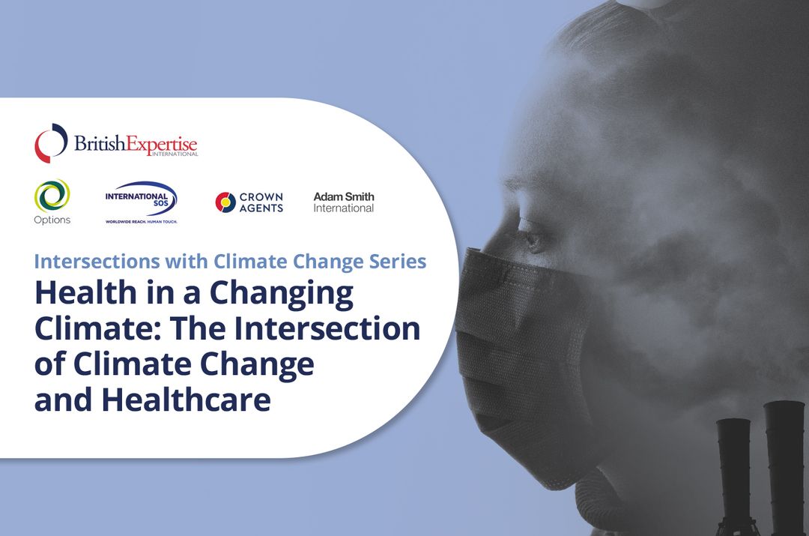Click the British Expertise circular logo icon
pyautogui.click(x=51, y=143)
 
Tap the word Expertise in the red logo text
pyautogui.click(x=163, y=143)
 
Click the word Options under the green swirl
pyautogui.click(x=52, y=220)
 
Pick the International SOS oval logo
pyautogui.click(x=142, y=199)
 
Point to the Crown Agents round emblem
pyautogui.click(x=225, y=202)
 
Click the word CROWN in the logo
pyautogui.click(x=261, y=197)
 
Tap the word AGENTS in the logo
pyautogui.click(x=261, y=208)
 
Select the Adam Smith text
pyautogui.click(x=344, y=196)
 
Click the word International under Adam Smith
pyautogui.click(x=344, y=208)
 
